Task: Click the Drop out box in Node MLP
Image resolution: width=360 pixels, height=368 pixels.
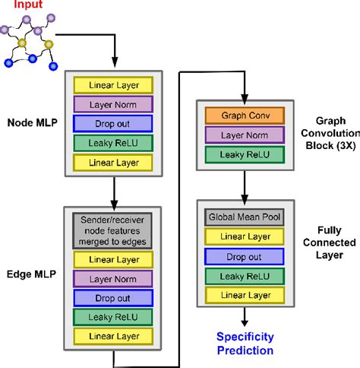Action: pos(113,122)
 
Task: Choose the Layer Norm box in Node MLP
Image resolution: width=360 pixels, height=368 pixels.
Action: pos(113,103)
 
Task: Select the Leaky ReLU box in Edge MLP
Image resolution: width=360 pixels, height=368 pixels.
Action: pos(113,314)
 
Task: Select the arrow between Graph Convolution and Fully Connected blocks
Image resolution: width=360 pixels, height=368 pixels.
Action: pos(244,185)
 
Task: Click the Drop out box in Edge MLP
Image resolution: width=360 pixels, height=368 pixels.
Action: pos(113,296)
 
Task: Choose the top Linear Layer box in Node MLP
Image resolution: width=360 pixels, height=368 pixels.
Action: pos(113,84)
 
